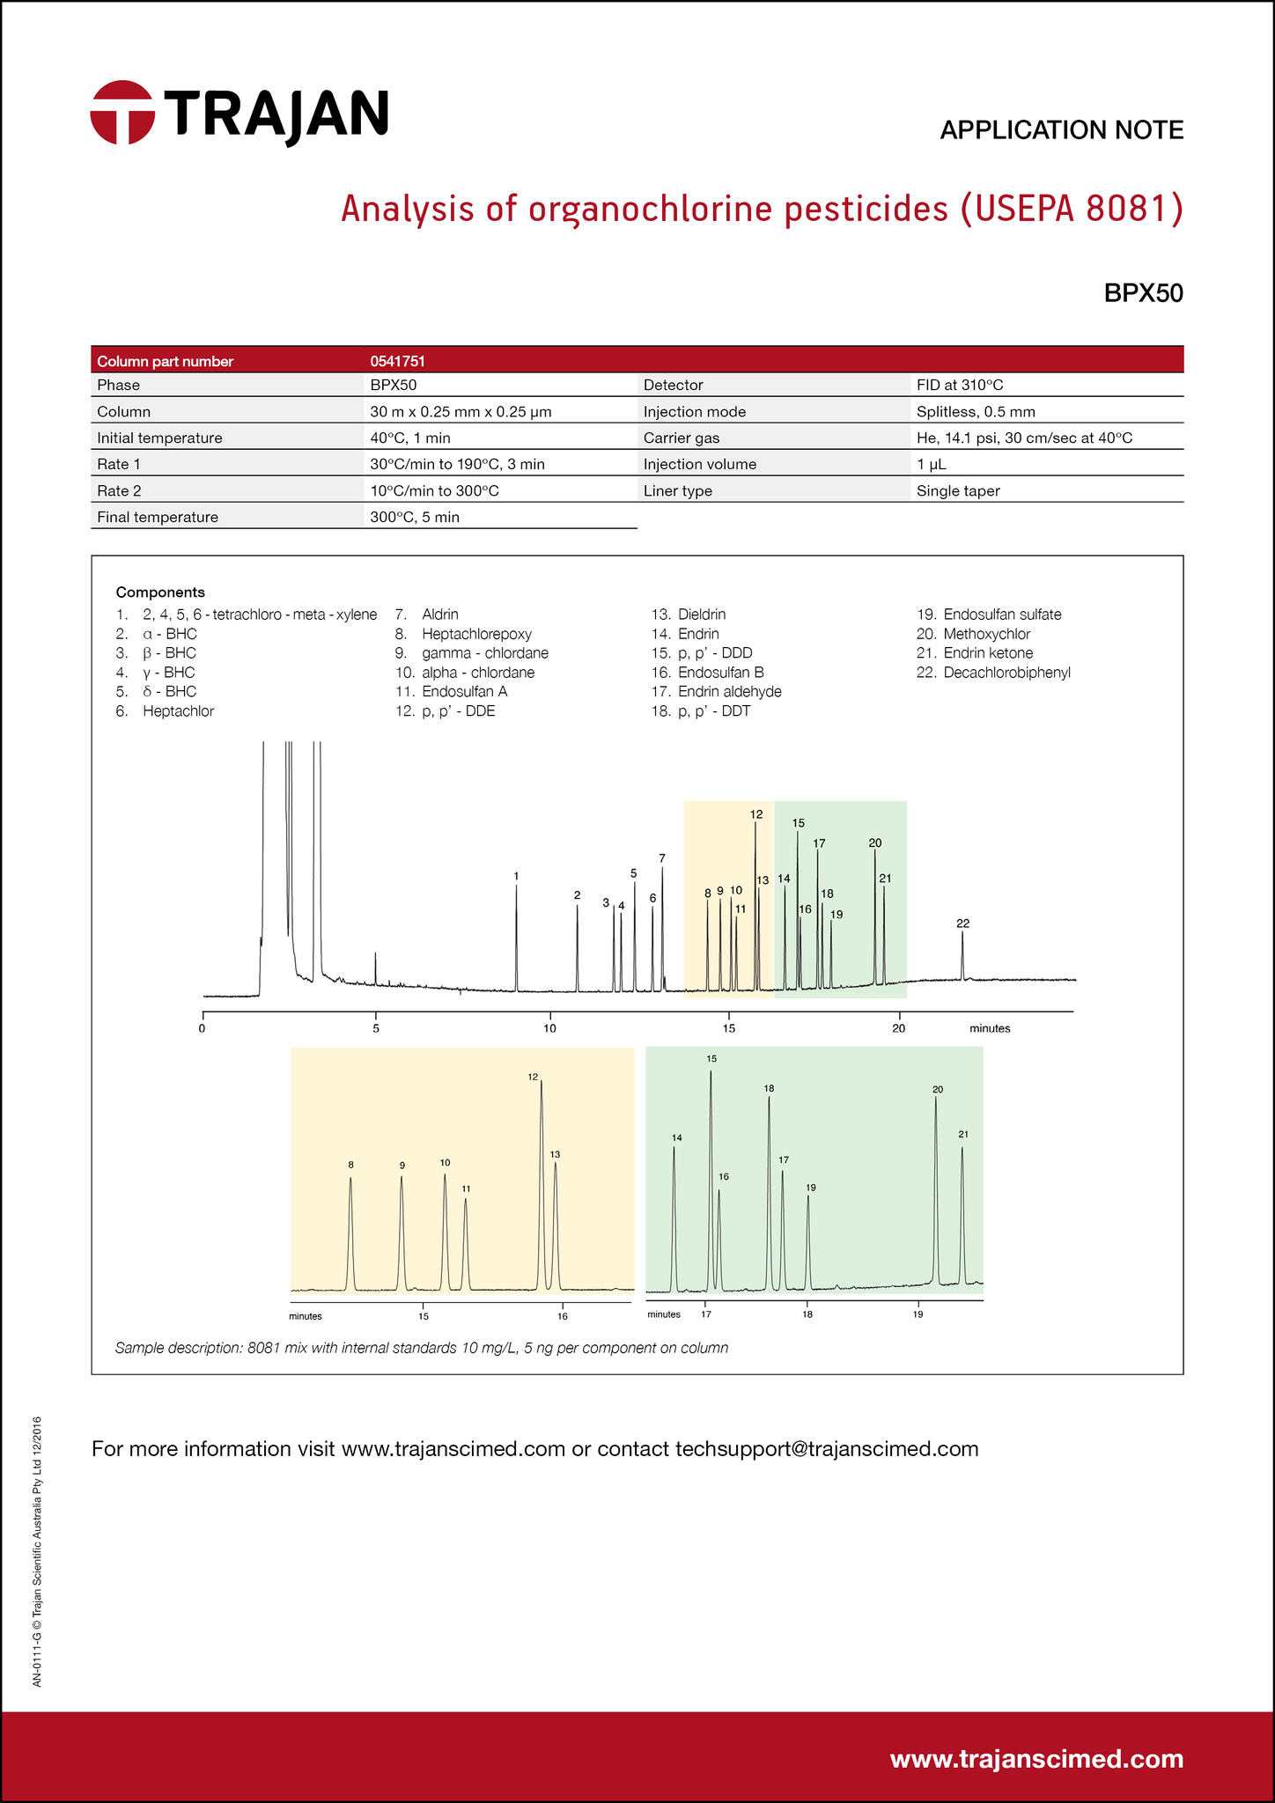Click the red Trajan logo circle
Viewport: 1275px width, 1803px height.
[122, 113]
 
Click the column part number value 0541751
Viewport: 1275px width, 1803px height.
[398, 361]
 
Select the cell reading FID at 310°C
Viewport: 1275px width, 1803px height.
[960, 386]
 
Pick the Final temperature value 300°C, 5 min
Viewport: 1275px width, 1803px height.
[415, 518]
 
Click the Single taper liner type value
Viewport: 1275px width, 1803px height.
[958, 491]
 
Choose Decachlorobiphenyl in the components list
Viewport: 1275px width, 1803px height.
[1006, 673]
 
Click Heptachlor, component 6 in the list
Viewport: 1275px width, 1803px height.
[178, 711]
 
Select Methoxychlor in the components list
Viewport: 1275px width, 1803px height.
[986, 634]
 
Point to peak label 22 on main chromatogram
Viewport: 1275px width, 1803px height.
[962, 924]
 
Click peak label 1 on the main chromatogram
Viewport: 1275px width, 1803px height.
[516, 876]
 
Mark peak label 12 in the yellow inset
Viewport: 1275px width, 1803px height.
[533, 1077]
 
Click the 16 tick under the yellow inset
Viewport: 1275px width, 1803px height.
[563, 1316]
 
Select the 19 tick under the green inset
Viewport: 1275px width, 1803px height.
[918, 1314]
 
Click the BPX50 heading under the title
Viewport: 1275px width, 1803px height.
[1143, 293]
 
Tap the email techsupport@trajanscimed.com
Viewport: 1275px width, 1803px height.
[826, 1449]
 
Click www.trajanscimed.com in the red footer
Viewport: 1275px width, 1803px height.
[1036, 1759]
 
